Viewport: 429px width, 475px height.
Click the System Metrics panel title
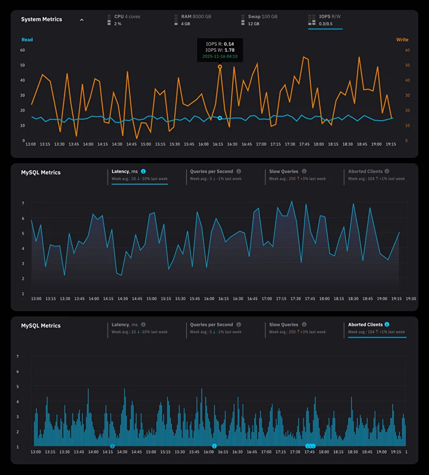41,19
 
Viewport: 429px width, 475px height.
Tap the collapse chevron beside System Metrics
82,20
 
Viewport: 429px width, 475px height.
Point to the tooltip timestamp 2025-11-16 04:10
220,56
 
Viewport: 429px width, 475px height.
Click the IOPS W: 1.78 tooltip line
220,50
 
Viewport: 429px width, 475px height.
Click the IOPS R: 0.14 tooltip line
220,44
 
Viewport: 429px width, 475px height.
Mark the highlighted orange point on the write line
220,67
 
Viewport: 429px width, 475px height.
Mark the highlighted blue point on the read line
220,118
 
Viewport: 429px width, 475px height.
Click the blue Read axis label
27,40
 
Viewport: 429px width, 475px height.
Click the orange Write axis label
402,40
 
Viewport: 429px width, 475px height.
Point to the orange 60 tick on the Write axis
407,51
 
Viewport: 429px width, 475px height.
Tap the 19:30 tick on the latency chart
411,299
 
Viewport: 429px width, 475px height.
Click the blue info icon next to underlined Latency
143,171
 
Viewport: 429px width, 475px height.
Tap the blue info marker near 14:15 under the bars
112,446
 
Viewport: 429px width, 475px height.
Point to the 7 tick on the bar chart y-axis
18,357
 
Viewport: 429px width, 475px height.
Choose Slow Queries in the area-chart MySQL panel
284,171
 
